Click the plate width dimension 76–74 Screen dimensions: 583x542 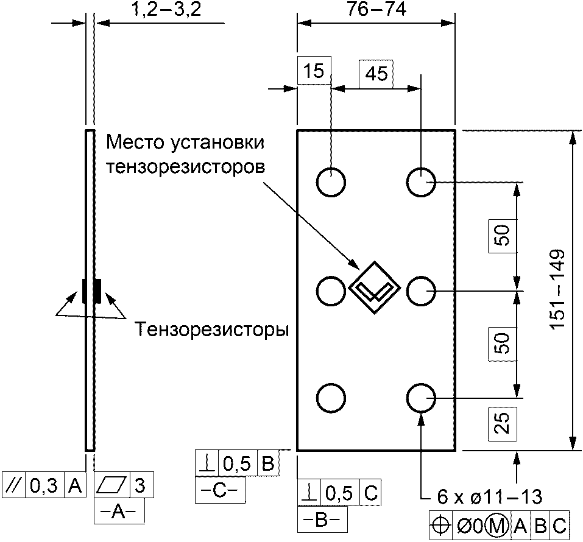pos(376,10)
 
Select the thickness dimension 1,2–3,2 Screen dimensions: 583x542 pos(166,10)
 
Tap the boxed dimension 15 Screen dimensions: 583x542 pos(314,71)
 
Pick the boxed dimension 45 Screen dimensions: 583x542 pos(376,73)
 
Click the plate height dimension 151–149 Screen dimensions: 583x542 pos(557,289)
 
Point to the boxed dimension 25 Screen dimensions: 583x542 pos(503,423)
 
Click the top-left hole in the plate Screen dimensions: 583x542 pos(331,182)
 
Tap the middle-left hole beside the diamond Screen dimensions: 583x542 pos(331,290)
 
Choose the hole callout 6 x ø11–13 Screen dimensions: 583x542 pos(490,497)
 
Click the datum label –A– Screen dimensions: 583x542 pos(119,512)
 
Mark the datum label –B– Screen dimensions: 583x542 pos(322,521)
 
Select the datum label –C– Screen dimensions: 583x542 pos(220,491)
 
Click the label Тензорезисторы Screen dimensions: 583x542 pos(211,329)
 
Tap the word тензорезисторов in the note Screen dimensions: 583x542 pos(186,167)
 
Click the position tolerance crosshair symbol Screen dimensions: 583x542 pos(441,526)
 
